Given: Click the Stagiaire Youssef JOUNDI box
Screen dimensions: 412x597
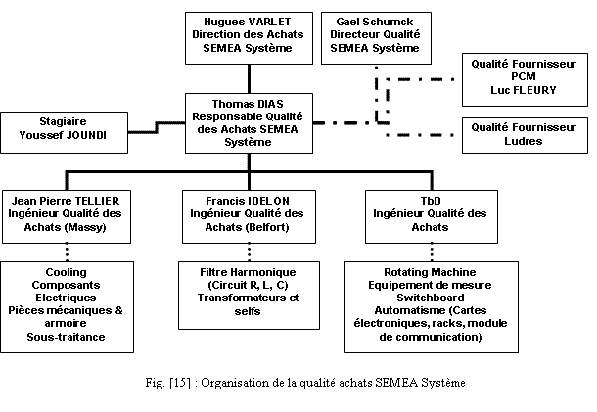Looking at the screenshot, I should [x=67, y=132].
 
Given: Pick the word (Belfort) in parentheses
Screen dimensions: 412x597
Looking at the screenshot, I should [x=268, y=226].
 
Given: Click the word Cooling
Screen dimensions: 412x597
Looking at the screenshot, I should [x=66, y=271].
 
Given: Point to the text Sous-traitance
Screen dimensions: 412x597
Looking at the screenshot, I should [x=66, y=337].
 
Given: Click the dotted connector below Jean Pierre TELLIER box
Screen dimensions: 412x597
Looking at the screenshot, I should [x=66, y=249].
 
